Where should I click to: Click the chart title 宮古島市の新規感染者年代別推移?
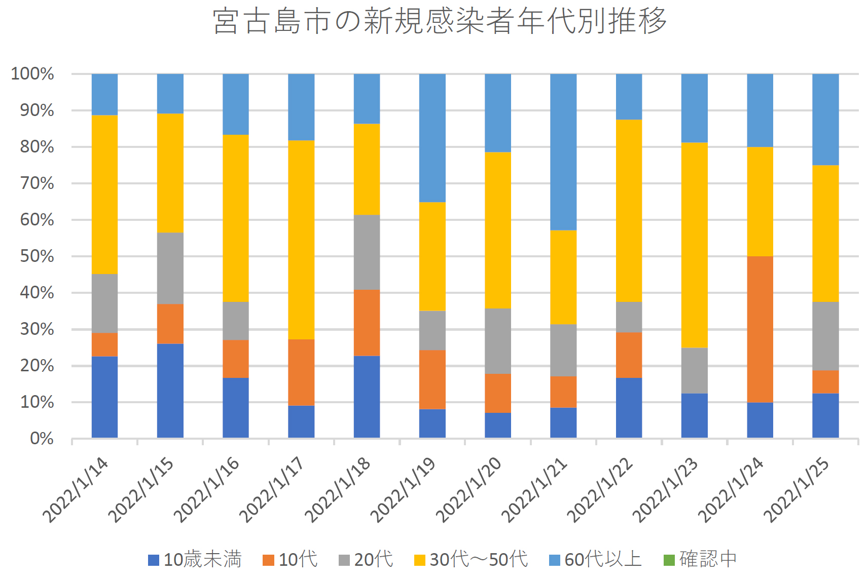(439, 21)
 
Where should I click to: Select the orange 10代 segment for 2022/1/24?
(759, 329)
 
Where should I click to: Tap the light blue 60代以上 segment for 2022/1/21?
(563, 152)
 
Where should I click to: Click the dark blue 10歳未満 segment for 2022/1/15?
(170, 391)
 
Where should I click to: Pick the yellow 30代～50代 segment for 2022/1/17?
(301, 240)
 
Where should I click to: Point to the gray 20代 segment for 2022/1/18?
(367, 252)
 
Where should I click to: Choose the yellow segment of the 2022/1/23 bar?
(694, 245)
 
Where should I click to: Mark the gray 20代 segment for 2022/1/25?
(825, 336)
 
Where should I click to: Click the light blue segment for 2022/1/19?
(432, 138)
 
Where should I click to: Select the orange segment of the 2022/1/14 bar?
(104, 345)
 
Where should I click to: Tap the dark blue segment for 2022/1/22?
(629, 408)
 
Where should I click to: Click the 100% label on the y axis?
(32, 74)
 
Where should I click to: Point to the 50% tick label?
(37, 256)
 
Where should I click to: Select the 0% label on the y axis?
(42, 439)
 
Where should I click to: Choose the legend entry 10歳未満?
(195, 560)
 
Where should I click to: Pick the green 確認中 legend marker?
(669, 560)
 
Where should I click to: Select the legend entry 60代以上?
(596, 560)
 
